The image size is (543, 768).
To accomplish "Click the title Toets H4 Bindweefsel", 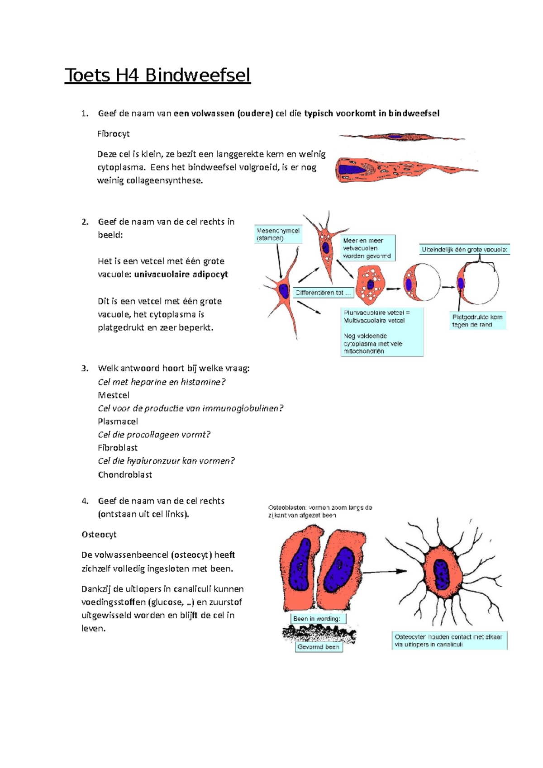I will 157,75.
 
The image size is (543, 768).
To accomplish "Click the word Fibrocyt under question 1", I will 113,134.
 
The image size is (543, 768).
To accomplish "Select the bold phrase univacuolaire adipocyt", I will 181,275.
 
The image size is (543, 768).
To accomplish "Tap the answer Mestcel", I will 114,395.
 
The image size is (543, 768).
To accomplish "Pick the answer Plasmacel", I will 118,422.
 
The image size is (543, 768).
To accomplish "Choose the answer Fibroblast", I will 118,448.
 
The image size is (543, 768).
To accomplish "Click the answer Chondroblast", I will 125,474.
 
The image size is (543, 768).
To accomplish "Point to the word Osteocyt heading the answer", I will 99,535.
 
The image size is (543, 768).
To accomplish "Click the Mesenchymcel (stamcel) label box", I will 278,234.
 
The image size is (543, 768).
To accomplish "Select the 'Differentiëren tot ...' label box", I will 323,293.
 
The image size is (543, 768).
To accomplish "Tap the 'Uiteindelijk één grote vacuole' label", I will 465,249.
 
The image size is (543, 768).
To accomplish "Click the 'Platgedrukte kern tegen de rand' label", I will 477,321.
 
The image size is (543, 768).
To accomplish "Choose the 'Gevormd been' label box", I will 319,647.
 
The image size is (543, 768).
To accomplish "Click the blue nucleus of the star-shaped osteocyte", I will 441,574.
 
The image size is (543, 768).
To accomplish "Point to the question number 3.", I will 85,369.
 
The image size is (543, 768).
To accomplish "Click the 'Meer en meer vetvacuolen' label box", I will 367,248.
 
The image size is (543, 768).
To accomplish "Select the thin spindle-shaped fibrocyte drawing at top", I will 401,137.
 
